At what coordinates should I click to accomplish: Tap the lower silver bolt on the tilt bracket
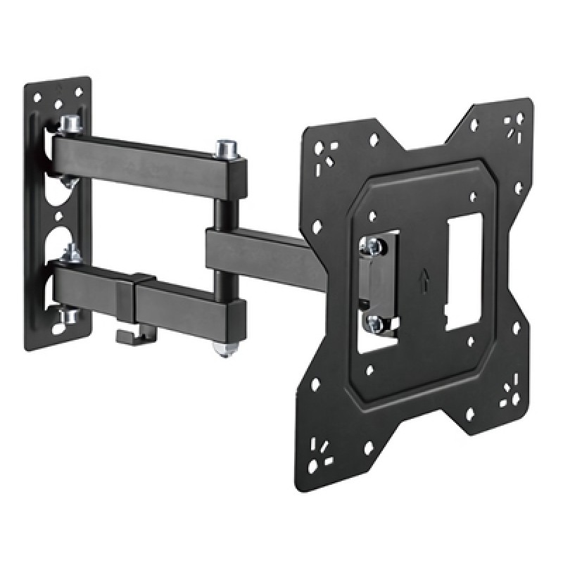372,322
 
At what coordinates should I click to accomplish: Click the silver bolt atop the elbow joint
228,148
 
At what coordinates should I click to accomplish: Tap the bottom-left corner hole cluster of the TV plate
324,445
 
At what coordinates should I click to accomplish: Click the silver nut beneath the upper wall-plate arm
68,182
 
